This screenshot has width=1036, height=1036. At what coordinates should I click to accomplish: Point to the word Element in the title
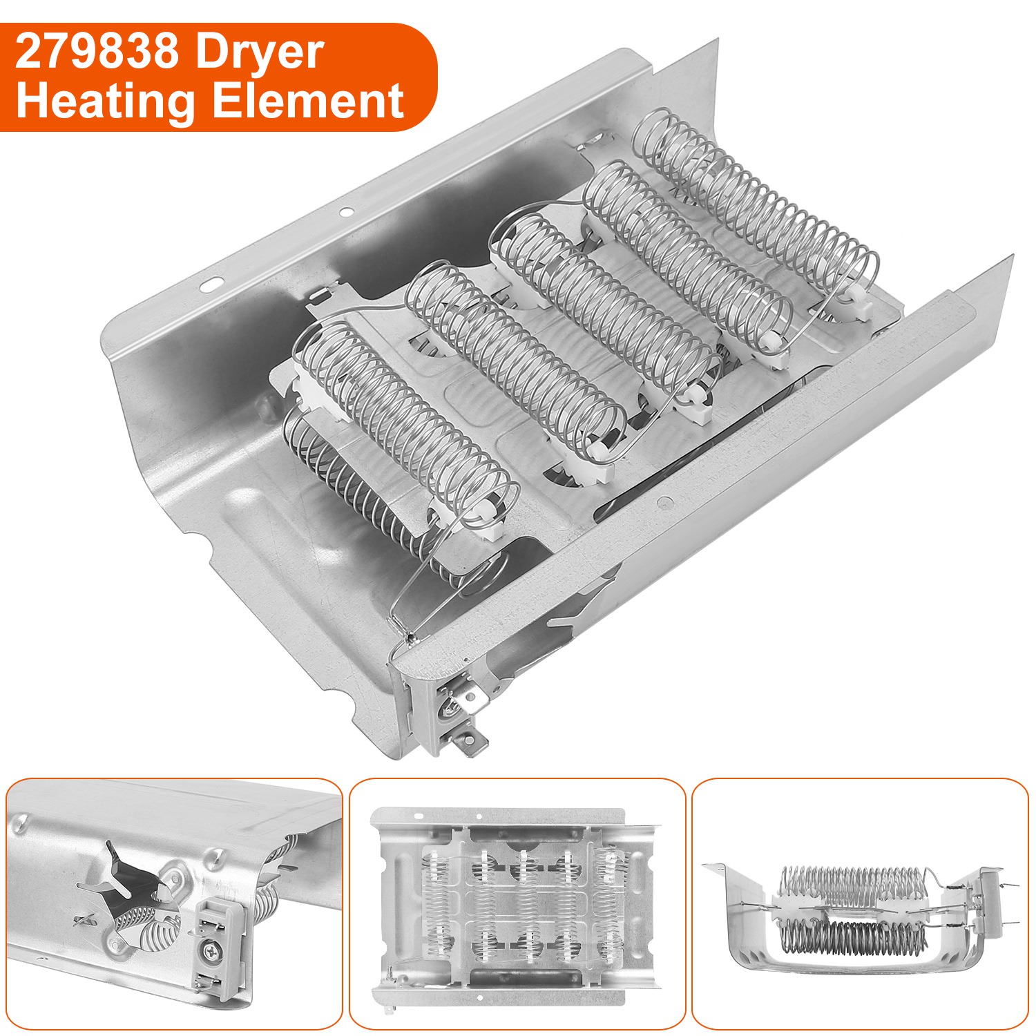(307, 101)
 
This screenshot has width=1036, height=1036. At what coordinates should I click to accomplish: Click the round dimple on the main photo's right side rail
(664, 503)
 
